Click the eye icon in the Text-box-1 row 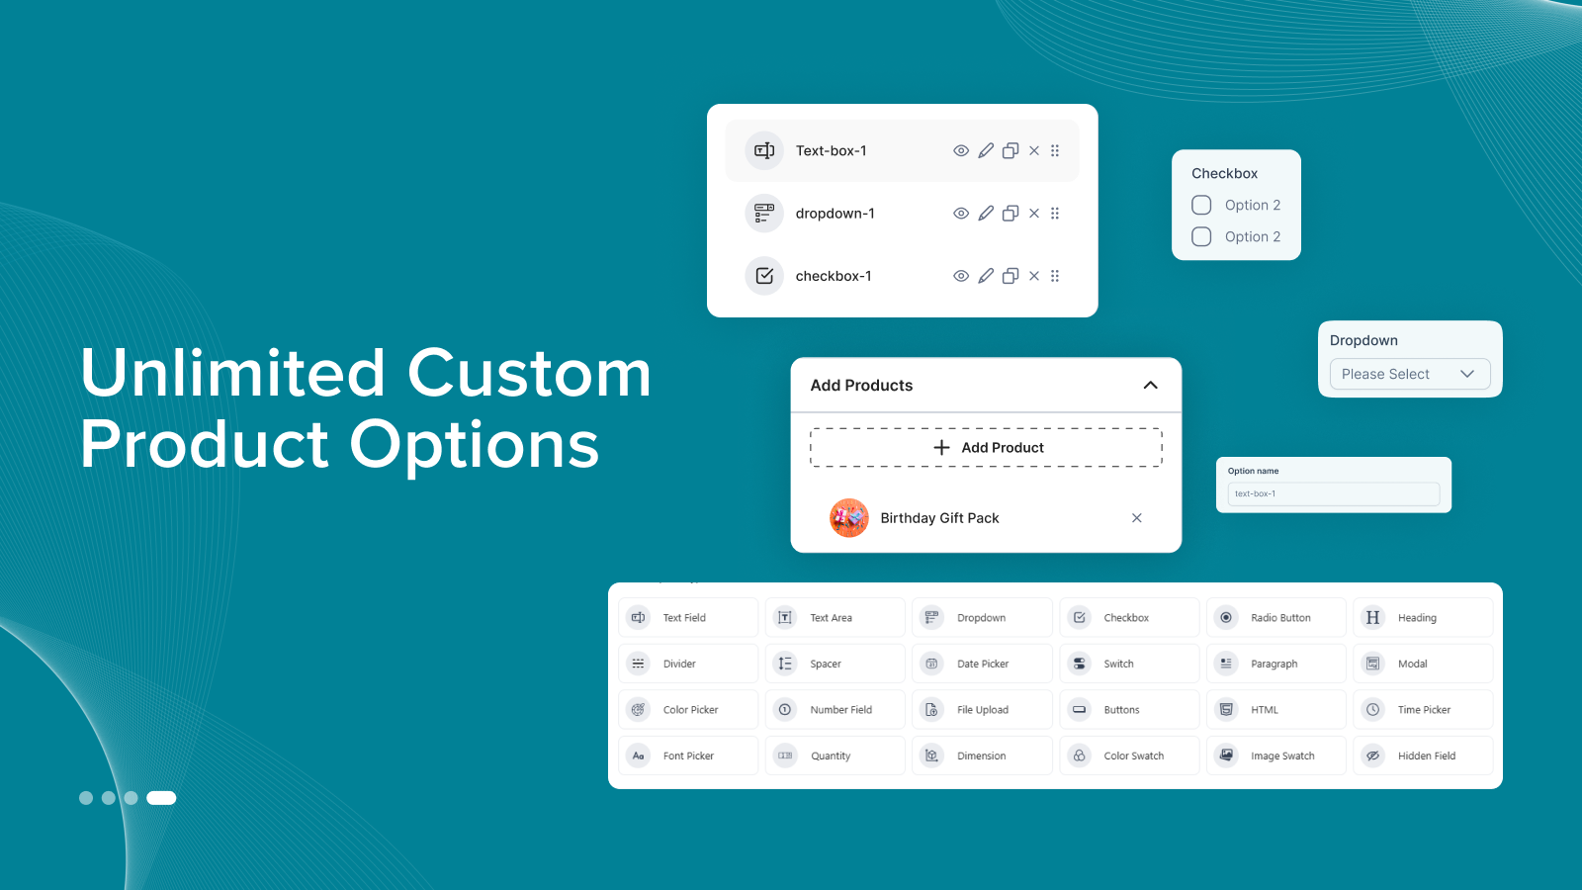[960, 151]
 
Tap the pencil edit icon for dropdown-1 [986, 214]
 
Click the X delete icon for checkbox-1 [1034, 276]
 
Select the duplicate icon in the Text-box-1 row [1011, 151]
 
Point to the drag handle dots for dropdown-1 [1055, 214]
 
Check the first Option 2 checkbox [1201, 205]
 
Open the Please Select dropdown [1409, 374]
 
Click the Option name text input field [1333, 493]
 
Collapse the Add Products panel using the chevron [1150, 386]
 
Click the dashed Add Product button [986, 448]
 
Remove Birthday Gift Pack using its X [1137, 518]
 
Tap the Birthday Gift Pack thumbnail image [849, 518]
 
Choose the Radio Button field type [1275, 618]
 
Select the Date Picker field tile [982, 665]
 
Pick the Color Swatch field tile [1128, 756]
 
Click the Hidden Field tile [1423, 756]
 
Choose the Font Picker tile [688, 756]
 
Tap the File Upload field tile [982, 710]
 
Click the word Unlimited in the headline [232, 374]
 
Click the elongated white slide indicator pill [161, 798]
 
